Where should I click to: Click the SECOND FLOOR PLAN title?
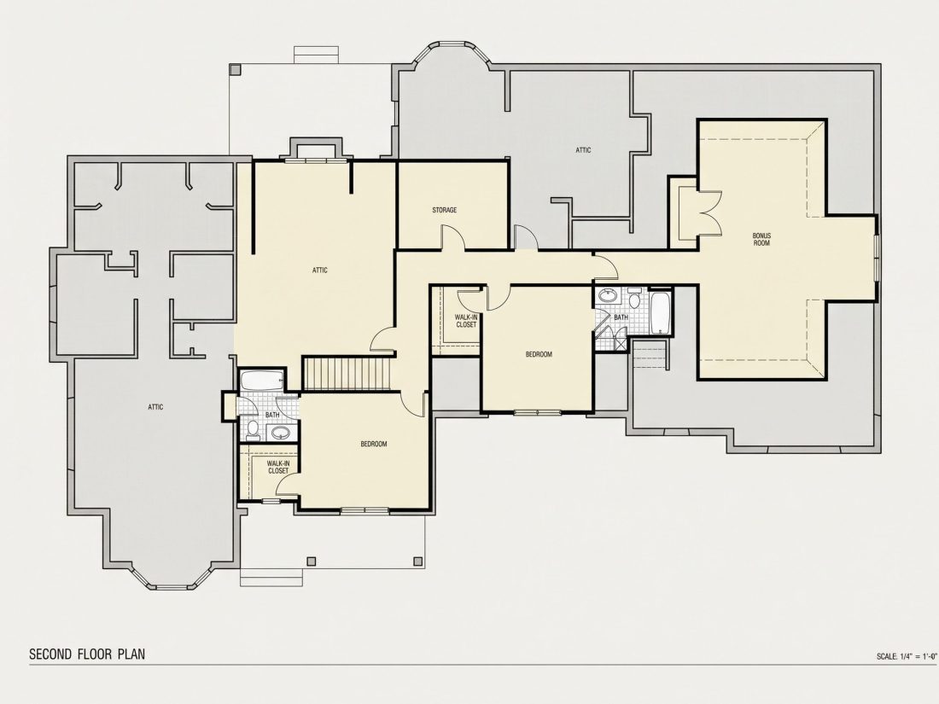87,654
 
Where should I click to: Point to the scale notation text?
906,656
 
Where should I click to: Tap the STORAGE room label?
445,210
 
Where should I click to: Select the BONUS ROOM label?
761,240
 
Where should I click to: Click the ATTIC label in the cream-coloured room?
320,270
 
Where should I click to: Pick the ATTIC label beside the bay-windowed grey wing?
155,407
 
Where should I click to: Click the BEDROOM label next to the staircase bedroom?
374,445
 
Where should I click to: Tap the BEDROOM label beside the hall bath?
539,354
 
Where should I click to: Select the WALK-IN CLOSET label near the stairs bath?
278,467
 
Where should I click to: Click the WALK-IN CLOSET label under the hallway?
466,321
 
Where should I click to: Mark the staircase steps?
348,373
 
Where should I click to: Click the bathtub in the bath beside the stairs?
262,380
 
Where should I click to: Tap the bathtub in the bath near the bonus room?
661,312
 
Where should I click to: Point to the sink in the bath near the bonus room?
609,296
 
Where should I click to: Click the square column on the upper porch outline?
235,69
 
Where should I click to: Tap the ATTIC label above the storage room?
583,150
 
